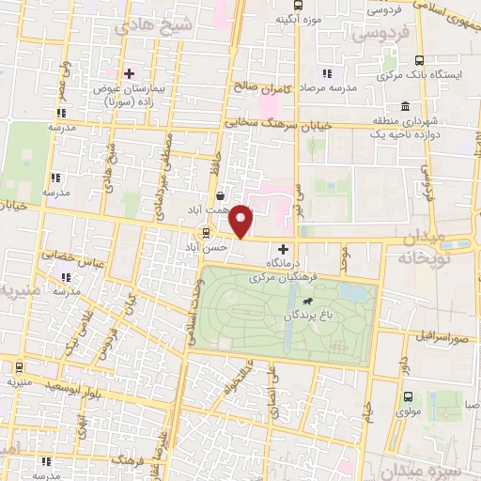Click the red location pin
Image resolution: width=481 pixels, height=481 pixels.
pos(242,221)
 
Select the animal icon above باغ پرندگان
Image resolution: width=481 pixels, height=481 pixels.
pos(307,302)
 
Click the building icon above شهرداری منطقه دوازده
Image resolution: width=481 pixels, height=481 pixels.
pos(404,104)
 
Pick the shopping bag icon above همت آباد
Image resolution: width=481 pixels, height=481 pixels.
pos(220,196)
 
